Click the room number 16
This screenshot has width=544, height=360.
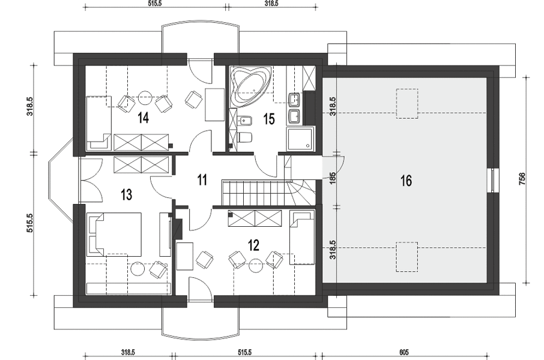[x=406, y=181]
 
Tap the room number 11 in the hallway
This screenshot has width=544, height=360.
[x=202, y=181]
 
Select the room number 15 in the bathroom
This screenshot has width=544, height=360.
[x=269, y=119]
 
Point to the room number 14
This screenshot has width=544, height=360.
[x=143, y=118]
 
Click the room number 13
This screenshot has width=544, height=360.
[x=127, y=194]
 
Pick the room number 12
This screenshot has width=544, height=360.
[x=253, y=245]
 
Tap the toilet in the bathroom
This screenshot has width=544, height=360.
[x=246, y=137]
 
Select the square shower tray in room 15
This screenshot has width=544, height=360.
[x=300, y=139]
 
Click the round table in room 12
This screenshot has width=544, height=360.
[x=256, y=265]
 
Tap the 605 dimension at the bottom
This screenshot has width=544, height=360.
[x=404, y=352]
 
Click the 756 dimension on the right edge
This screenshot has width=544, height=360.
[x=522, y=179]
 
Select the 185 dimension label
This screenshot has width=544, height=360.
[x=333, y=178]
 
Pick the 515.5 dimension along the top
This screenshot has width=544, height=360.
[x=155, y=4]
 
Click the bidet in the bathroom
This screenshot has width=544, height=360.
[x=246, y=121]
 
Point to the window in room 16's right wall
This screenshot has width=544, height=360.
[x=492, y=180]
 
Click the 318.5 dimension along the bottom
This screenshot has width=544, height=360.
[x=128, y=352]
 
